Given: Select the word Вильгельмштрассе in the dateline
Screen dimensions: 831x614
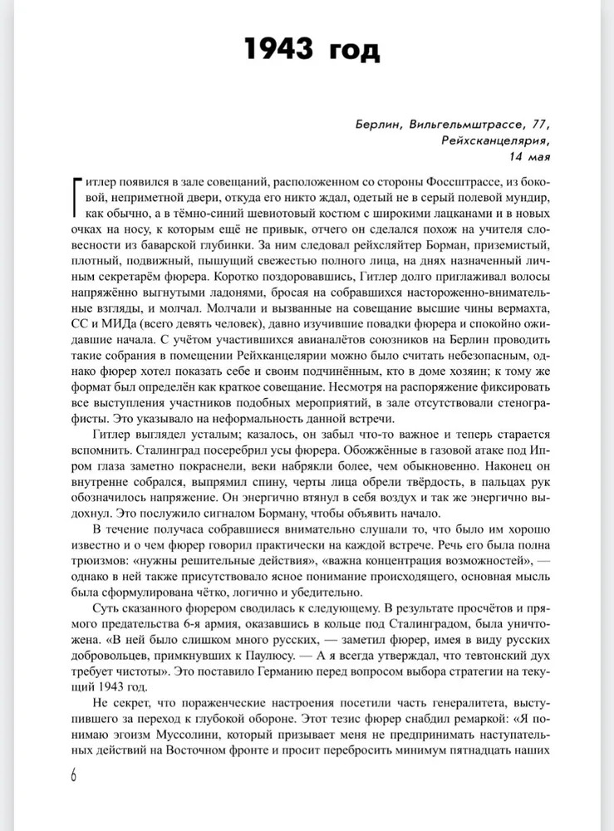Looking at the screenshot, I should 477,125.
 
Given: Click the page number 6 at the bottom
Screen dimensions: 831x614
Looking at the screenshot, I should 72,777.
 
